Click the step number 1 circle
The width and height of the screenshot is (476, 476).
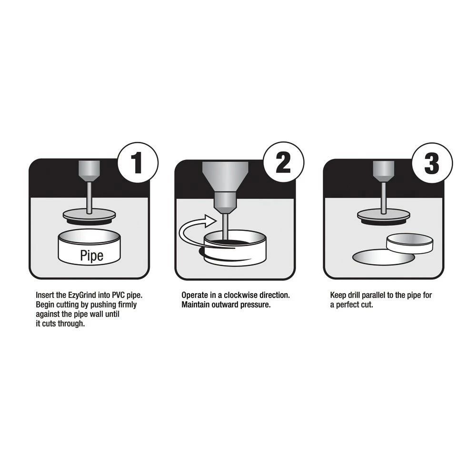(x=138, y=163)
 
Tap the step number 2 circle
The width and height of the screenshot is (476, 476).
(x=284, y=162)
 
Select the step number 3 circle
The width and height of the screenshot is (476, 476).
(x=432, y=163)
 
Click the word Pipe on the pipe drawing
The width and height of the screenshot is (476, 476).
(x=92, y=255)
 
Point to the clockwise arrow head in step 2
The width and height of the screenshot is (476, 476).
(x=209, y=221)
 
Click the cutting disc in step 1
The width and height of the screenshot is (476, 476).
(x=89, y=217)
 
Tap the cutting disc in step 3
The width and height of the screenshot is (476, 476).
(x=384, y=217)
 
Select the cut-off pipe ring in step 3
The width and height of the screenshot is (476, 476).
(x=410, y=243)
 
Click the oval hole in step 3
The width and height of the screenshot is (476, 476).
(x=383, y=258)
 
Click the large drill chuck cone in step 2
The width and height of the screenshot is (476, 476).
(x=225, y=176)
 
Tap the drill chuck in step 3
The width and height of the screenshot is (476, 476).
(x=384, y=171)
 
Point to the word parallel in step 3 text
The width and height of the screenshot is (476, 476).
(x=373, y=295)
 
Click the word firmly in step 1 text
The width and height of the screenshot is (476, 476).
(x=128, y=305)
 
